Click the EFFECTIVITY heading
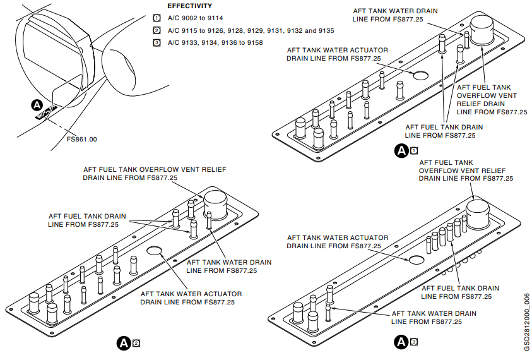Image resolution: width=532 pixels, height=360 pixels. (189, 6)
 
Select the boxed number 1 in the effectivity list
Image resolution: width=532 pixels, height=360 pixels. (157, 18)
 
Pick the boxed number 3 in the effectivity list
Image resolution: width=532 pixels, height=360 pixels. (157, 42)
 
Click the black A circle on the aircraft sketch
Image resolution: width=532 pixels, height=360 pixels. (37, 104)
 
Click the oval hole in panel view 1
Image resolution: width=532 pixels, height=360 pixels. (419, 75)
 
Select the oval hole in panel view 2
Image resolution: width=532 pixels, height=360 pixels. (155, 251)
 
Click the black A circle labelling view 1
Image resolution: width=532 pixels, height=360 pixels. (401, 150)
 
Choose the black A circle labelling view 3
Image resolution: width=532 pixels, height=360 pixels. (401, 342)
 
